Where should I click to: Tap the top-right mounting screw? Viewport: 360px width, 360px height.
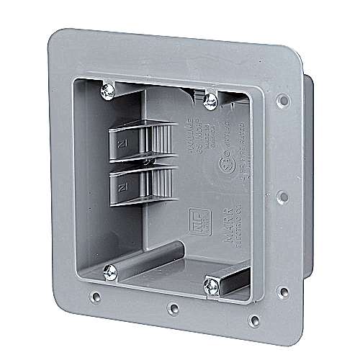pos(211,101)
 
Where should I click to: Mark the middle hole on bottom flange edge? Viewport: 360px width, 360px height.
pos(173,309)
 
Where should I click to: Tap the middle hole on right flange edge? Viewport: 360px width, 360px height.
pos(283,195)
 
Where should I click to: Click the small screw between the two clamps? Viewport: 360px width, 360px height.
pos(146,163)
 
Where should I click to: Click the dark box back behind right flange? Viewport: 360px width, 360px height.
pos(308,180)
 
